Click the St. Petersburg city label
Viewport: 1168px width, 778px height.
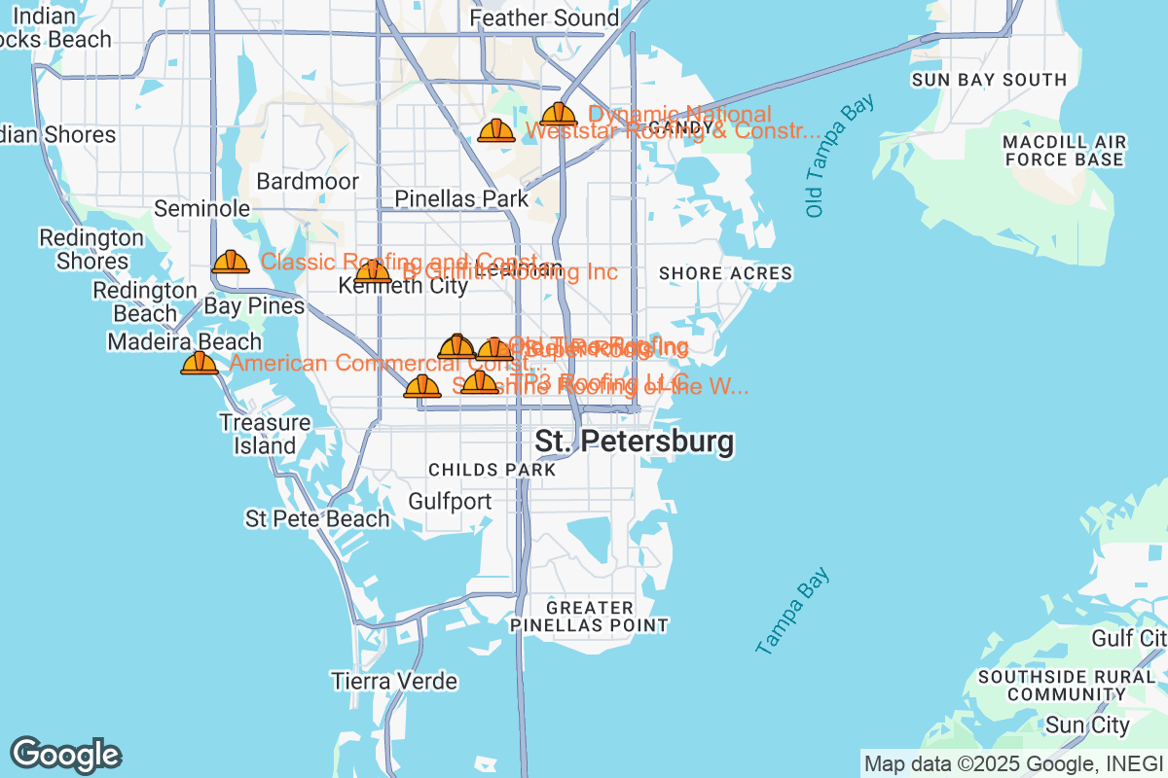635,442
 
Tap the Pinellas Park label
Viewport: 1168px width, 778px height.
461,199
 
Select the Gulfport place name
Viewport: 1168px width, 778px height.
451,502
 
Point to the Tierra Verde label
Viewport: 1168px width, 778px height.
393,681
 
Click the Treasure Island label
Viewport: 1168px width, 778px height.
265,435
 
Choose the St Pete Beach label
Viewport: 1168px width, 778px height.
317,519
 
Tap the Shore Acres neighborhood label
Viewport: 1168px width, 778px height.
725,273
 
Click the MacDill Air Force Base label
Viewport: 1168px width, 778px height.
1065,150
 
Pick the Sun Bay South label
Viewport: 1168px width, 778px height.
989,80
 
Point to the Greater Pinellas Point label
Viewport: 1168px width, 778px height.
591,617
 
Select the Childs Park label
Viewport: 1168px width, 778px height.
492,470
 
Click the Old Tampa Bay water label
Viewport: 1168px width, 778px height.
826,156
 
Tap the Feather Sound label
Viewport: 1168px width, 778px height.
544,18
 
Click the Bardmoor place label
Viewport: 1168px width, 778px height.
308,182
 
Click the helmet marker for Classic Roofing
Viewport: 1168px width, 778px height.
231,262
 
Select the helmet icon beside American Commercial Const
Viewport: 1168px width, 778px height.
200,364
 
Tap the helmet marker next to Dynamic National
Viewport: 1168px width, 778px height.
558,115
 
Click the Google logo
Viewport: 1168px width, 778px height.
66,755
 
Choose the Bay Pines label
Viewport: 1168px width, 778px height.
254,306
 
